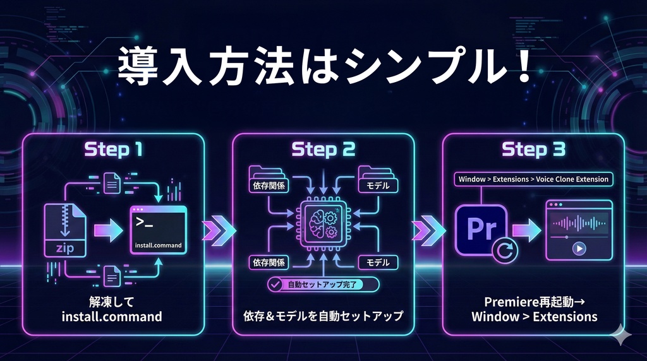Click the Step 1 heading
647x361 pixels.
[114, 149]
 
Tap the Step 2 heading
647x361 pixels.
[323, 149]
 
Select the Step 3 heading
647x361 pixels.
[533, 149]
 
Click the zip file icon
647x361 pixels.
[65, 230]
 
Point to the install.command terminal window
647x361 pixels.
[159, 230]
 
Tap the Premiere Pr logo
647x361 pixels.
[481, 229]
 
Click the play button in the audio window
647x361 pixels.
[579, 249]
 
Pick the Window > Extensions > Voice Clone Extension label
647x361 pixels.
[533, 179]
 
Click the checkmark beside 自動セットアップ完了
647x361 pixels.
[275, 285]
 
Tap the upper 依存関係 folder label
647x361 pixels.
[269, 185]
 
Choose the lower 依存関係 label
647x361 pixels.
[269, 263]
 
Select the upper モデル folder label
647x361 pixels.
[378, 185]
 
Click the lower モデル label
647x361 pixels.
[378, 263]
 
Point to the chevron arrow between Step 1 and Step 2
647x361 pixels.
[218, 230]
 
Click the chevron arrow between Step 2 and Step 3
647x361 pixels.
[428, 230]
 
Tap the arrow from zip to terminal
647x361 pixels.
[108, 230]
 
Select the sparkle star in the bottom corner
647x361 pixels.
[621, 335]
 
